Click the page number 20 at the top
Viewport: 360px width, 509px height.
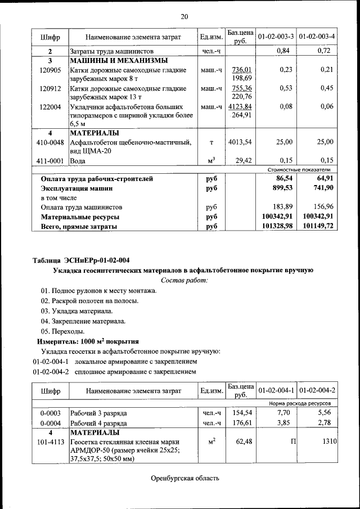click(x=184, y=16)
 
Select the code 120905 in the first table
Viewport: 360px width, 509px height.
click(x=50, y=70)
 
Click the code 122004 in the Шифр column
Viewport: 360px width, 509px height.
click(x=50, y=106)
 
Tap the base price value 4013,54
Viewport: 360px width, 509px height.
click(x=240, y=142)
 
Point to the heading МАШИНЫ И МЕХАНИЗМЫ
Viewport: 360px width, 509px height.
click(x=118, y=61)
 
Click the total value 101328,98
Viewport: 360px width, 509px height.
click(x=274, y=227)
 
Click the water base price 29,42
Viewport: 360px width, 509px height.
click(x=243, y=160)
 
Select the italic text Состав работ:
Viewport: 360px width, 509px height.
click(x=184, y=280)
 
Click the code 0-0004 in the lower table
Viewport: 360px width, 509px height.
click(x=50, y=423)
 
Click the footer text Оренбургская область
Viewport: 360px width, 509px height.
click(x=184, y=479)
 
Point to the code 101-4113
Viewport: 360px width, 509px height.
click(x=50, y=442)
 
